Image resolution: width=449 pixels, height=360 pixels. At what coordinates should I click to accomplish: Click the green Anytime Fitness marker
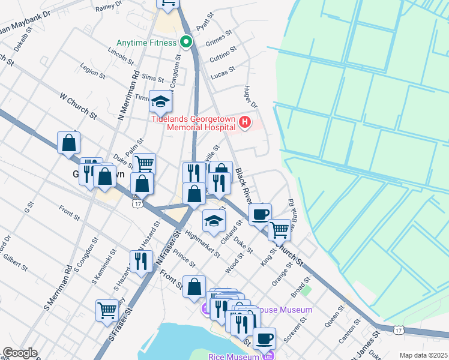(x=185, y=42)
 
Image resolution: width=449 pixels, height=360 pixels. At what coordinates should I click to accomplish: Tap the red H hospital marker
(x=244, y=123)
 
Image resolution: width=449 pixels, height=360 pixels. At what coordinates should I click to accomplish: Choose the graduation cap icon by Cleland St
(x=214, y=221)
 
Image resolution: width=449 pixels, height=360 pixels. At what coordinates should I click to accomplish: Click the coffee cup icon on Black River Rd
(x=260, y=214)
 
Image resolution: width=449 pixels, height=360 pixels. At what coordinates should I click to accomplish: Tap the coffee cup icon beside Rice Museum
(x=264, y=338)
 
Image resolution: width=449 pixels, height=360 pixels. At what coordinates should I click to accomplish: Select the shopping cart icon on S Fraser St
(x=107, y=311)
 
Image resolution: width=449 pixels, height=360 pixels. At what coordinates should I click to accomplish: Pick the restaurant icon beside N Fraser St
(x=141, y=262)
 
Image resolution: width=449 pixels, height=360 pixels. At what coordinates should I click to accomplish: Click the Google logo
(x=20, y=353)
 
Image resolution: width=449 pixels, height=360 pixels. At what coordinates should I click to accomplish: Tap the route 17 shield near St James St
(x=398, y=329)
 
